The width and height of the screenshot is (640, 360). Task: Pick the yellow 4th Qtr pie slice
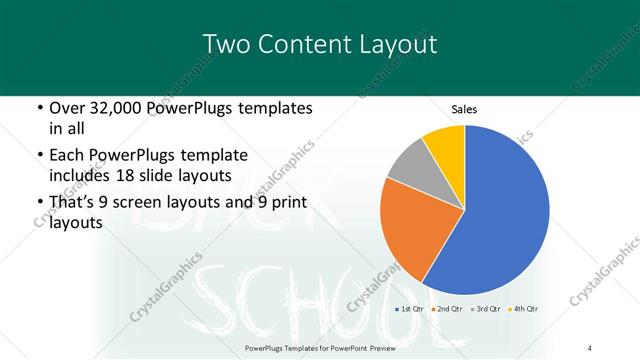pyautogui.click(x=445, y=143)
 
